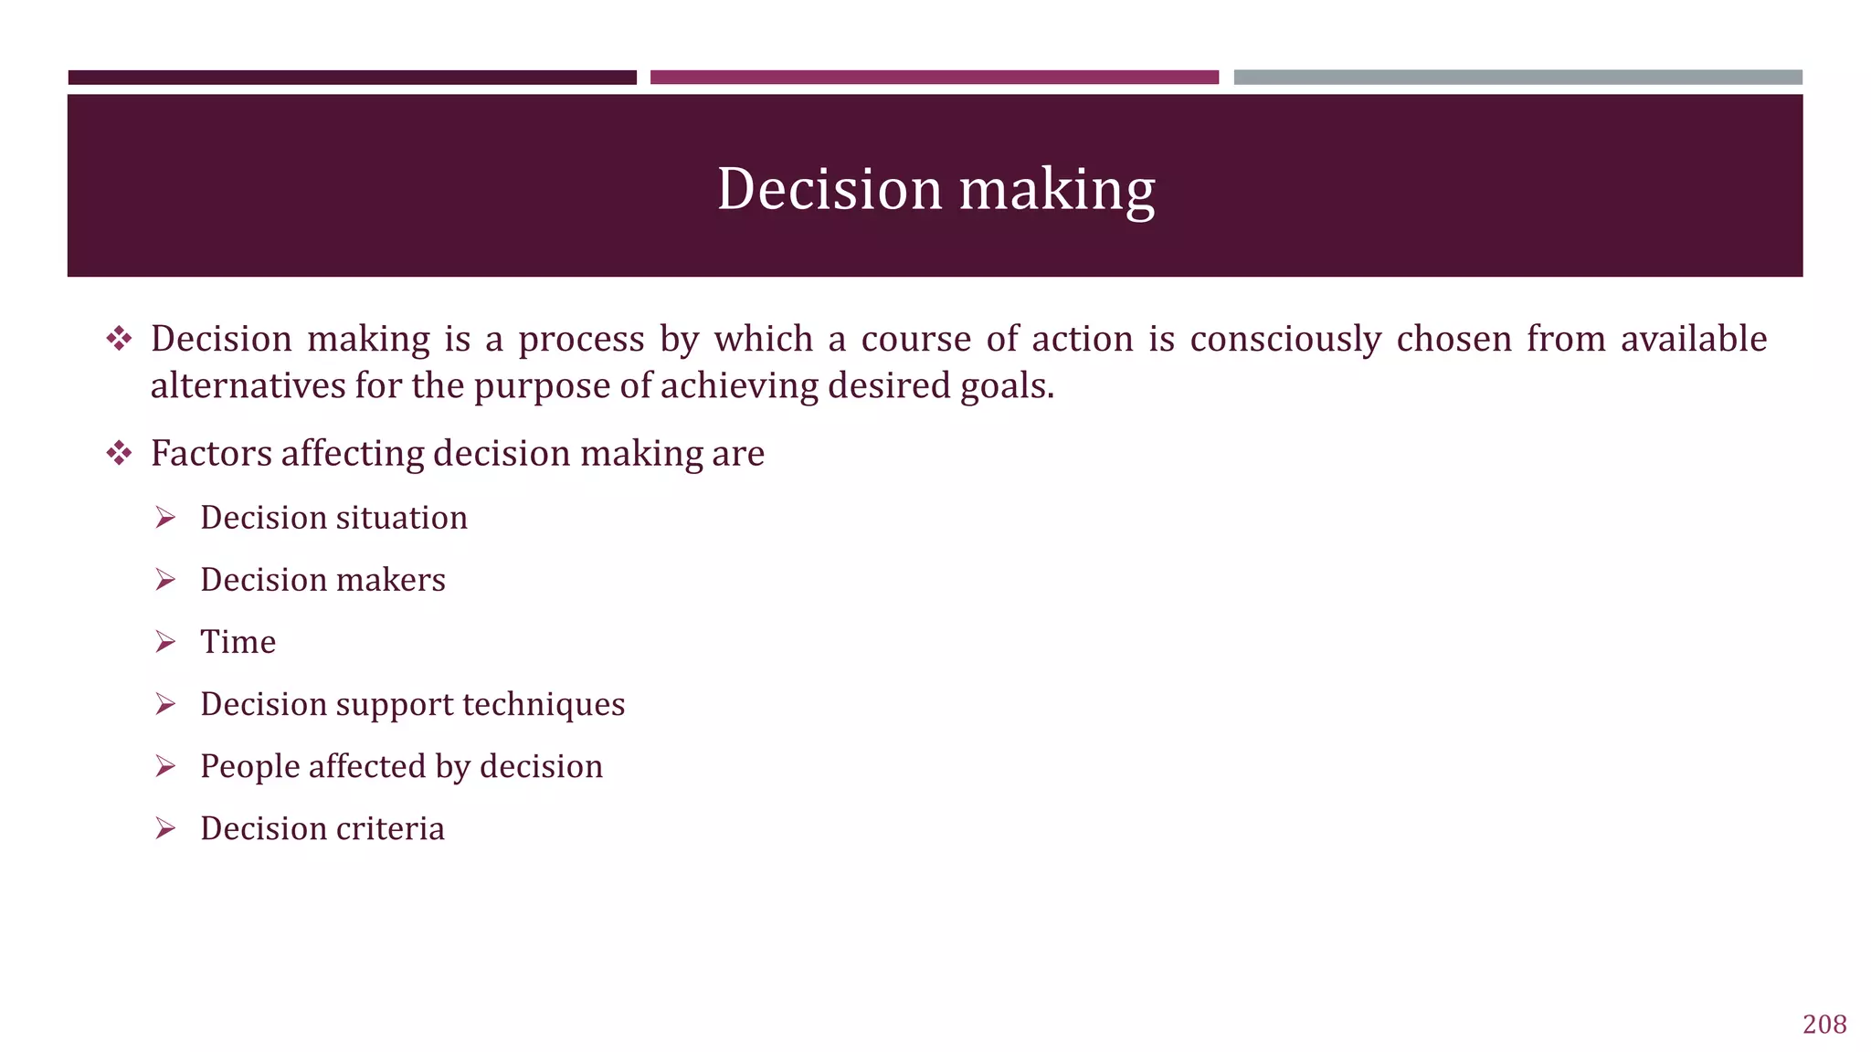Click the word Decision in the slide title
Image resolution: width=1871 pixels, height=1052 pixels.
click(829, 189)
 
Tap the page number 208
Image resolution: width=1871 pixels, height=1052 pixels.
click(1824, 1025)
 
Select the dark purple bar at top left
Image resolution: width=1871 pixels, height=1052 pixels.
click(352, 78)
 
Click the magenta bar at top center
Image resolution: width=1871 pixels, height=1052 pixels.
click(934, 78)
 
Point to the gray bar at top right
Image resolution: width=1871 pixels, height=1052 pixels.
click(1517, 78)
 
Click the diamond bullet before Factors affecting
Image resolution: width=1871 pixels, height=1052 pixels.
click(119, 453)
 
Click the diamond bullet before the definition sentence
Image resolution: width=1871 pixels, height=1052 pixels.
click(119, 340)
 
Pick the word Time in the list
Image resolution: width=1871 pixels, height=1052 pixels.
click(238, 642)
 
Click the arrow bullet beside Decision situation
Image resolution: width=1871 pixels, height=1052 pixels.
click(165, 518)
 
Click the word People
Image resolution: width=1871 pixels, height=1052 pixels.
click(249, 767)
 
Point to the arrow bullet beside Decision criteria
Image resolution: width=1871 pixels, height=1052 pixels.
click(165, 828)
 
